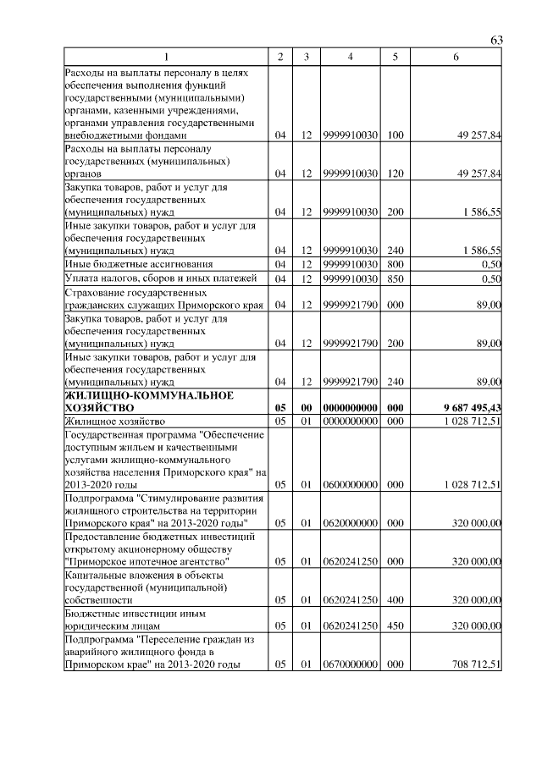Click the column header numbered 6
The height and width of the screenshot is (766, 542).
[456, 57]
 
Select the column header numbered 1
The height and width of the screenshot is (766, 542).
[166, 57]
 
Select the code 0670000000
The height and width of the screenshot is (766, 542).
[350, 665]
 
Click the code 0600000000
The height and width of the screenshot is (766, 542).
[350, 485]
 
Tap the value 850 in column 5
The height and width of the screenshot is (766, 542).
[395, 278]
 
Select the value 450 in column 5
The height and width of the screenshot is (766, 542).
[395, 627]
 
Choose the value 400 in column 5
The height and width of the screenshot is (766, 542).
[395, 600]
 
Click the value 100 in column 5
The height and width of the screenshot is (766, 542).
[395, 135]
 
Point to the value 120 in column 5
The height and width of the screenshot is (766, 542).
[395, 174]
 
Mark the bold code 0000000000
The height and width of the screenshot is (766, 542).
[350, 408]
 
